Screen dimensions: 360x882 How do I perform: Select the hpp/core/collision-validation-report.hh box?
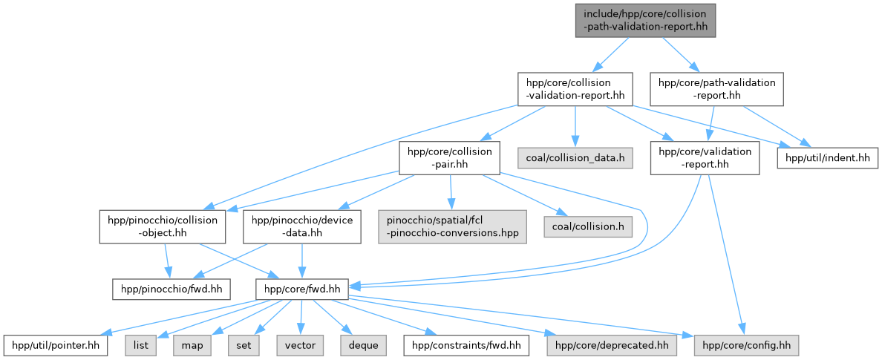pos(575,88)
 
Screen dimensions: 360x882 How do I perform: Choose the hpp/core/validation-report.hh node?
pos(705,157)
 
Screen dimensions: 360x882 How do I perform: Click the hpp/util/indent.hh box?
pos(828,157)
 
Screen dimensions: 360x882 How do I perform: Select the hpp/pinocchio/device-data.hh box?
pos(302,226)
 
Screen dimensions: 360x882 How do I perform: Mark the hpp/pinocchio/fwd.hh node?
pos(171,287)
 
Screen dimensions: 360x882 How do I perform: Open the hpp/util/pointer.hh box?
pos(56,345)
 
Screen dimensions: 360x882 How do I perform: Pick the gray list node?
pos(141,345)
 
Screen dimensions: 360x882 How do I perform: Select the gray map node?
pos(192,345)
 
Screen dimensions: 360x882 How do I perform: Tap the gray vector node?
pos(300,345)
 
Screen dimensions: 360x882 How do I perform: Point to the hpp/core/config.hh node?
pos(746,345)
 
